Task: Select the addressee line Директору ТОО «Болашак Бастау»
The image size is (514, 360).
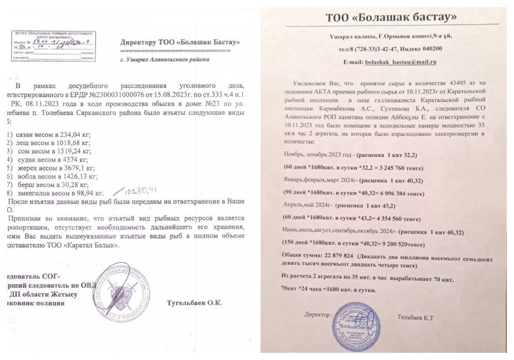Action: coord(179,42)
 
